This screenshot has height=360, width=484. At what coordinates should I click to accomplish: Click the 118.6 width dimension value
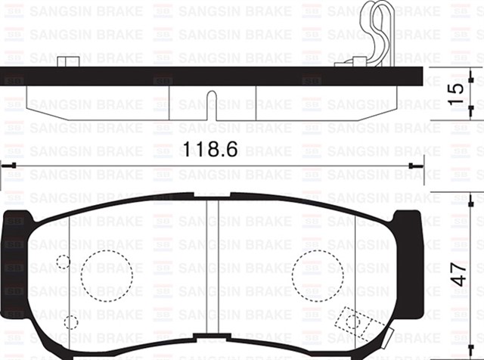(209, 149)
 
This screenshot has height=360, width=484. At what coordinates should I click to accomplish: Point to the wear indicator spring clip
(376, 34)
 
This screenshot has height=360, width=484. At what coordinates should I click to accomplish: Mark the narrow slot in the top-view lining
(212, 104)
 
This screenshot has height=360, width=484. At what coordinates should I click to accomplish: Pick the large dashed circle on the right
(318, 271)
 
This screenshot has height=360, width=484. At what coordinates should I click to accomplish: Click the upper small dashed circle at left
(64, 262)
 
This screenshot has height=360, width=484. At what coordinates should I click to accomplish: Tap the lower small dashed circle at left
(70, 321)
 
